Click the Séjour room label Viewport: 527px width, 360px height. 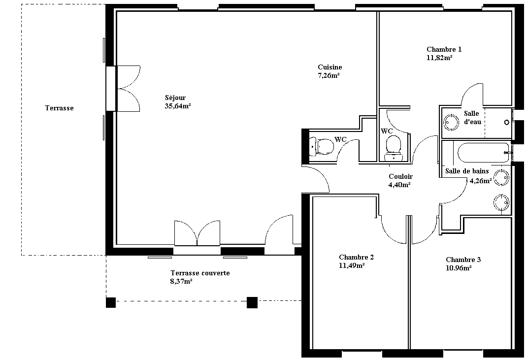coord(175,98)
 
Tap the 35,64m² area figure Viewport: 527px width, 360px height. coord(178,106)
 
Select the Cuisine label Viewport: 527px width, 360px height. coord(330,67)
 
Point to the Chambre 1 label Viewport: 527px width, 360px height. coord(444,49)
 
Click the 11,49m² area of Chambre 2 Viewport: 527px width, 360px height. coord(352,265)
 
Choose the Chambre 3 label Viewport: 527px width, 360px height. coord(463,260)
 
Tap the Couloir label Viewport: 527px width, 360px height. coord(400,176)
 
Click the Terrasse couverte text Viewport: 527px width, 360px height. coord(200,273)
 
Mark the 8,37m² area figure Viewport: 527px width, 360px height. coord(181,281)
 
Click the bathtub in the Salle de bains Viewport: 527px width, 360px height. coord(481,153)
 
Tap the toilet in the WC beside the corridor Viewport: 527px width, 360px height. coord(393,148)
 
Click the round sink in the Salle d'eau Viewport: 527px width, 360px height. coord(451,122)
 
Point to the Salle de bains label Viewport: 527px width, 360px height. coord(467,171)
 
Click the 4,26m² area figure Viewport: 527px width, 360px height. coord(481,181)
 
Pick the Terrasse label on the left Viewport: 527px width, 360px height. coord(60,108)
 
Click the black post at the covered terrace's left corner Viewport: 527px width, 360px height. coord(111,302)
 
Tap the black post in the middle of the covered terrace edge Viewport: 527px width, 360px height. coord(252,302)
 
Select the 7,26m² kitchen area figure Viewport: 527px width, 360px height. coord(329,76)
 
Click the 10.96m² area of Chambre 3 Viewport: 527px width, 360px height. coord(459,268)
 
